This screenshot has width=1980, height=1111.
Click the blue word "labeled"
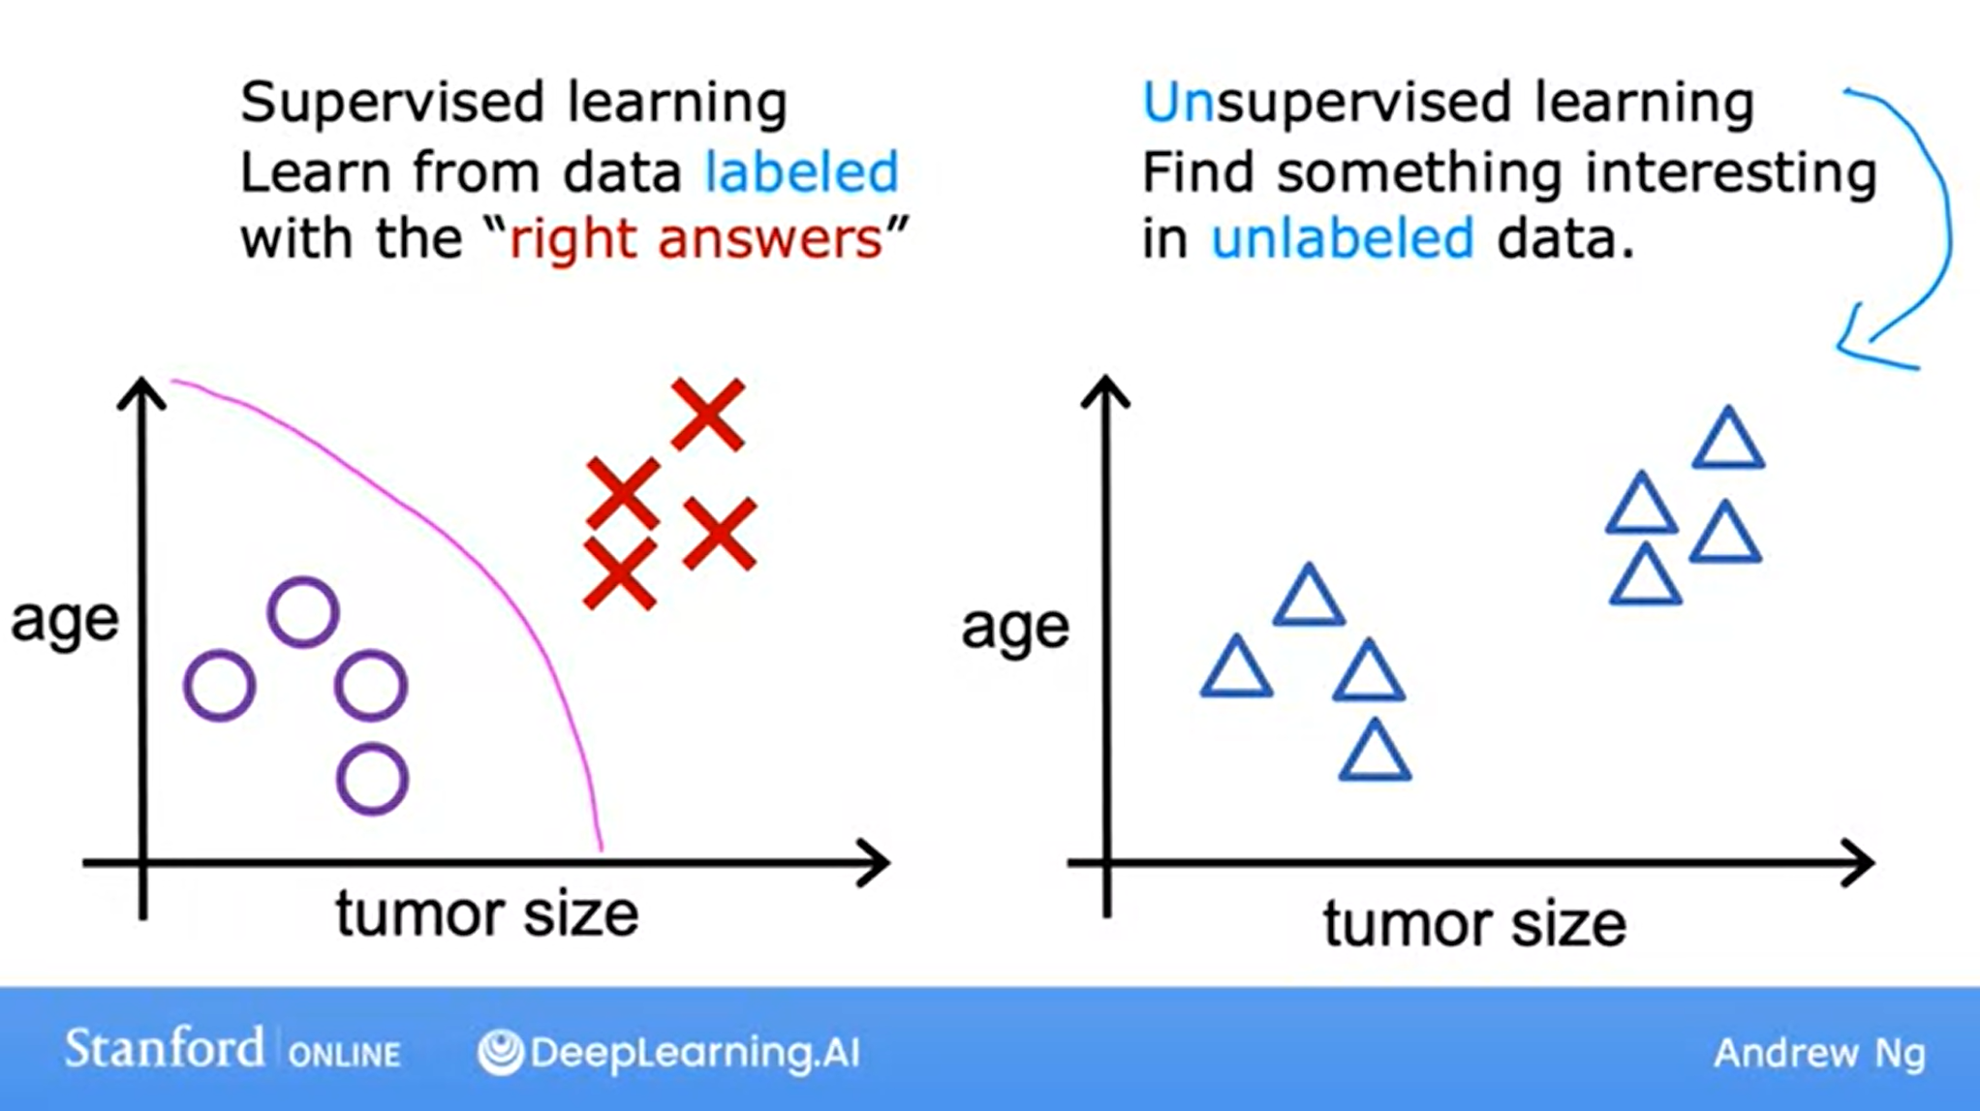[801, 172]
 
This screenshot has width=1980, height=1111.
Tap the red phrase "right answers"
[696, 238]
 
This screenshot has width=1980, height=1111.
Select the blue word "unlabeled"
[1343, 238]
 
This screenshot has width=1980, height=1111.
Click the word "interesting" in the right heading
[1731, 173]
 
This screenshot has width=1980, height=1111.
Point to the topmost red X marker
[708, 415]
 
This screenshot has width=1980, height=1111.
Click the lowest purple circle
[372, 779]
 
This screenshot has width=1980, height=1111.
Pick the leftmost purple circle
[220, 686]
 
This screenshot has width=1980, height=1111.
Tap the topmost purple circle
[303, 612]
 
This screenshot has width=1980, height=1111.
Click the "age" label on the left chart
[65, 621]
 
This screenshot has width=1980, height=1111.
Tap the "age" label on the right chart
[1015, 628]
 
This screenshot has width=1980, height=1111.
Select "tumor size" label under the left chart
[486, 913]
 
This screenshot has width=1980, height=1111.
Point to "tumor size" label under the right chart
[1474, 924]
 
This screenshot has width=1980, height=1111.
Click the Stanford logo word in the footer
[164, 1049]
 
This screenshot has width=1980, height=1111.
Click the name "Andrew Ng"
[1819, 1054]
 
